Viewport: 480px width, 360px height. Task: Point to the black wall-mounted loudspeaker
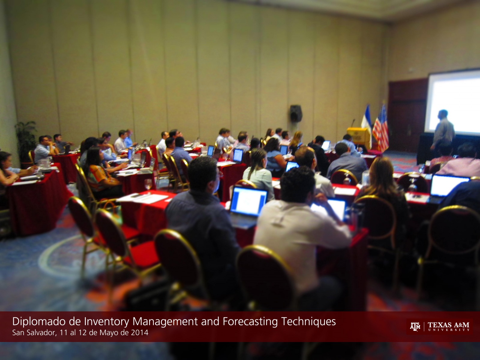click(296, 113)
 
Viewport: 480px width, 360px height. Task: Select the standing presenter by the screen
click(442, 133)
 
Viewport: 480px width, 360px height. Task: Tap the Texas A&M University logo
click(439, 327)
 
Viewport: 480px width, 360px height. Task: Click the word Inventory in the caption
click(107, 322)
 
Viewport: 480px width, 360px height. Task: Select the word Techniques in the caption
click(308, 322)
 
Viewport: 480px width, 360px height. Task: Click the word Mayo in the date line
click(108, 333)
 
